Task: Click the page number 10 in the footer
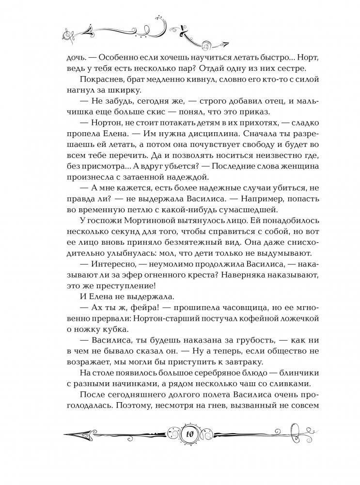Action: pos(180,433)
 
